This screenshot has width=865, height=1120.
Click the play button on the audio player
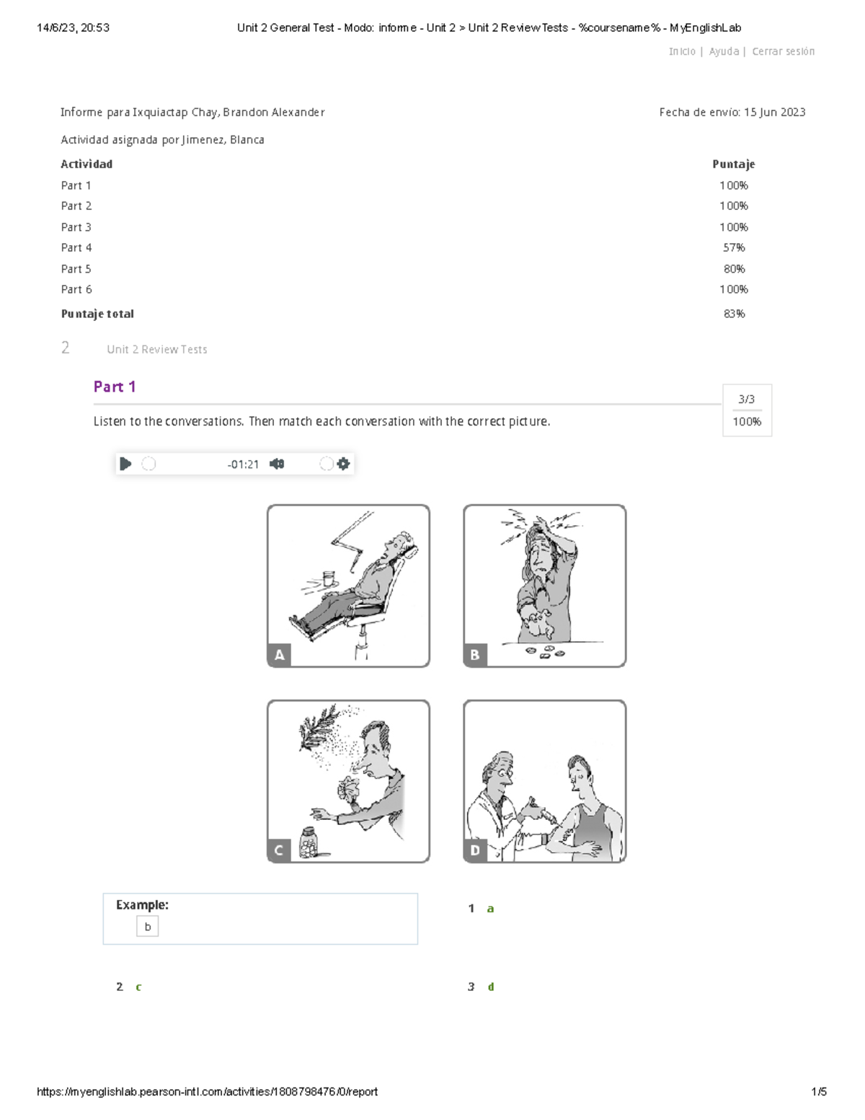tap(125, 464)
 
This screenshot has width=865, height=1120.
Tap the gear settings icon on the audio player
tap(343, 464)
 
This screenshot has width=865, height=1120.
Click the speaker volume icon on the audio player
tap(277, 464)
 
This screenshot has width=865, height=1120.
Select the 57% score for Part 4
tap(734, 248)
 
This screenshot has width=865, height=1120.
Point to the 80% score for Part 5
tap(734, 269)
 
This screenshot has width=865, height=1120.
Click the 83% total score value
tap(734, 314)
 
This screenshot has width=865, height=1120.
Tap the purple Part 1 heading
tap(115, 387)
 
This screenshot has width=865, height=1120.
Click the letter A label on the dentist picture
tap(279, 655)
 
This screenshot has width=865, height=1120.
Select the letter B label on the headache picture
tap(475, 655)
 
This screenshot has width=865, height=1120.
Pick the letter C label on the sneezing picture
tap(279, 850)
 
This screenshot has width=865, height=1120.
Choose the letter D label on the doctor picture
tap(475, 850)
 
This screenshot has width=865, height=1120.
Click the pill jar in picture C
tap(309, 843)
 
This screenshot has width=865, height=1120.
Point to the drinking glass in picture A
tap(329, 578)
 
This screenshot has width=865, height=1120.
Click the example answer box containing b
tap(147, 927)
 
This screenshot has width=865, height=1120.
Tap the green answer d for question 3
tap(491, 987)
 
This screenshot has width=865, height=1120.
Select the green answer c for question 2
tap(138, 987)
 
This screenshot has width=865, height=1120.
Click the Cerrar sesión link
tap(783, 51)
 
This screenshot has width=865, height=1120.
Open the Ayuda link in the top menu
tap(723, 51)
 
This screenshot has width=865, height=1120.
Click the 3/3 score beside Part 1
tap(747, 399)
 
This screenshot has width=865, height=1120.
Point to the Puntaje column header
tap(734, 164)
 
